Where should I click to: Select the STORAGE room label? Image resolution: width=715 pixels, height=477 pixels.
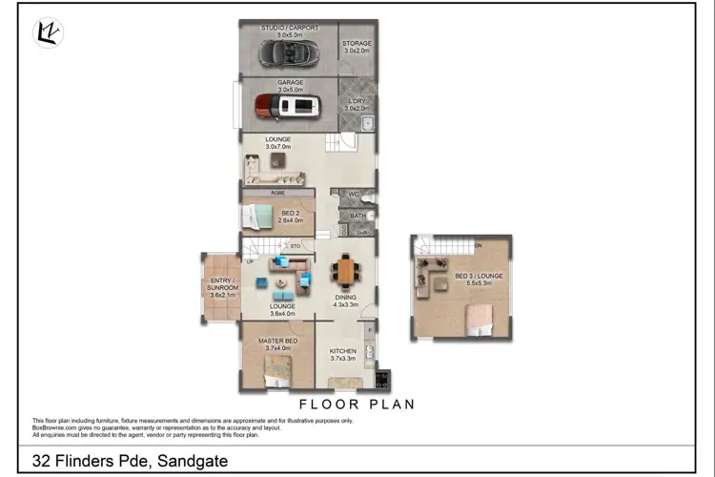click(x=357, y=44)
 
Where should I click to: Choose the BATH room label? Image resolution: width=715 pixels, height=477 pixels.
click(x=357, y=216)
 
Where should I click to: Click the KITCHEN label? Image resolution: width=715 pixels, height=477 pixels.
click(x=343, y=351)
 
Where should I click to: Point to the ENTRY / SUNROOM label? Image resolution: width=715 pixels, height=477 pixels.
click(x=220, y=284)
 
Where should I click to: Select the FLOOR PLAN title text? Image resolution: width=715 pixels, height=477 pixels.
click(x=357, y=404)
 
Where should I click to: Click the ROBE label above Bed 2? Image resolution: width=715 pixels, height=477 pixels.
click(x=278, y=192)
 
